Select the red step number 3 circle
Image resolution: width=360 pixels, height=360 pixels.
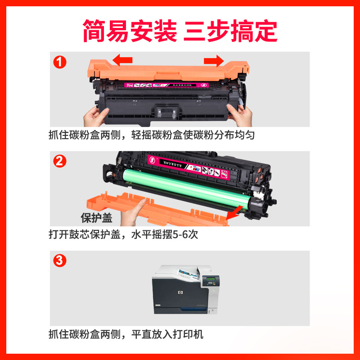point(60,261)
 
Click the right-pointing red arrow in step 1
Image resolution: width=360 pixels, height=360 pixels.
point(213,60)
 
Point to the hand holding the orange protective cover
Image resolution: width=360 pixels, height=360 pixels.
point(135,214)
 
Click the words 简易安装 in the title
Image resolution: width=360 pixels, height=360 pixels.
point(130,31)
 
